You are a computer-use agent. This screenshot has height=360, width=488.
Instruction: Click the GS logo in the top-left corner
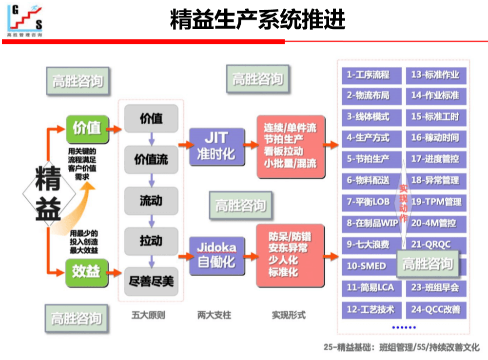(25, 20)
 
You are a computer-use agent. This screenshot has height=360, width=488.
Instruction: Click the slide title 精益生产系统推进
(257, 20)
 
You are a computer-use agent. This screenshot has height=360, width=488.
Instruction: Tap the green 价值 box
(86, 129)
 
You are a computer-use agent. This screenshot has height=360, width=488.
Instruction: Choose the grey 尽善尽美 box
(151, 282)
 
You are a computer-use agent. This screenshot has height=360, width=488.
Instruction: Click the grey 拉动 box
(151, 241)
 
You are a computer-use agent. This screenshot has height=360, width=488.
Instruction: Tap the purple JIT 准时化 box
(216, 146)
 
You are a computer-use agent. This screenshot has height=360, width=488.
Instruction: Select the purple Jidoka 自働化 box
(216, 255)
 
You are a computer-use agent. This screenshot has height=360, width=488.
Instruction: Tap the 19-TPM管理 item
(436, 202)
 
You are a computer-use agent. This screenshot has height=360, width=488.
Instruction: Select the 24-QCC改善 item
(436, 309)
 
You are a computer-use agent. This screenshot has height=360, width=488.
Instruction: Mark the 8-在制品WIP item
(371, 223)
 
